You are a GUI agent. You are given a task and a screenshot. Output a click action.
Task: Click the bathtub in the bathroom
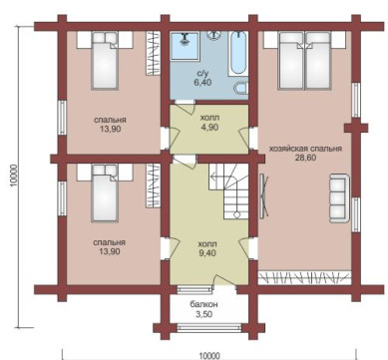(238, 53)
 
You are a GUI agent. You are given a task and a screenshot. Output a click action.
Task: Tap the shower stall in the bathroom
(186, 46)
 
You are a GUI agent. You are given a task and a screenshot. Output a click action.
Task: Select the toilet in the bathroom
(241, 88)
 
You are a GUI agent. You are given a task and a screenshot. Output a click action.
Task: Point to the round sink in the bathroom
(213, 34)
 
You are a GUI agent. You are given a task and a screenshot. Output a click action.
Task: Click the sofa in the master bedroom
(339, 198)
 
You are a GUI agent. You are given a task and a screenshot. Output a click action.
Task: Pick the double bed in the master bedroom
(304, 60)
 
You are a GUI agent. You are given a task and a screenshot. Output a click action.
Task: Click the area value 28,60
(305, 158)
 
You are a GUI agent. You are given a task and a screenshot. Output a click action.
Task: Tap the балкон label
(204, 304)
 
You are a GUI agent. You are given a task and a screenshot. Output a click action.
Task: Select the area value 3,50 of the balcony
(204, 314)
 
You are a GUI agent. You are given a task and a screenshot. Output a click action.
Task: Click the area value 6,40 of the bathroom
(202, 82)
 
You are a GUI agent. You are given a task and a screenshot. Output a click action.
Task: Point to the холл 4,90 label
(210, 123)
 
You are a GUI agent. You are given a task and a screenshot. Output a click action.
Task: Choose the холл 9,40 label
(208, 248)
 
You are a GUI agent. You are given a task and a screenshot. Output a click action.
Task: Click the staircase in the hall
(228, 190)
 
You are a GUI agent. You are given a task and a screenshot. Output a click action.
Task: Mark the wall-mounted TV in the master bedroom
(264, 196)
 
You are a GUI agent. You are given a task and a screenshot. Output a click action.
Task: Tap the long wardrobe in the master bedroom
(305, 278)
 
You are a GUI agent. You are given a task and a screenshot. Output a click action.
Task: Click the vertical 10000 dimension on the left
(14, 176)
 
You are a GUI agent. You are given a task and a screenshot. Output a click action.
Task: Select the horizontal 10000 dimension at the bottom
(209, 356)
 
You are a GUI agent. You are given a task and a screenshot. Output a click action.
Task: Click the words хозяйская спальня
(305, 149)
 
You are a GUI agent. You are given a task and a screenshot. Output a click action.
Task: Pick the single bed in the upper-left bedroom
(105, 61)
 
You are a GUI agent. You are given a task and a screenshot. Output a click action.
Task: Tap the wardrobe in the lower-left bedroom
(154, 185)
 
